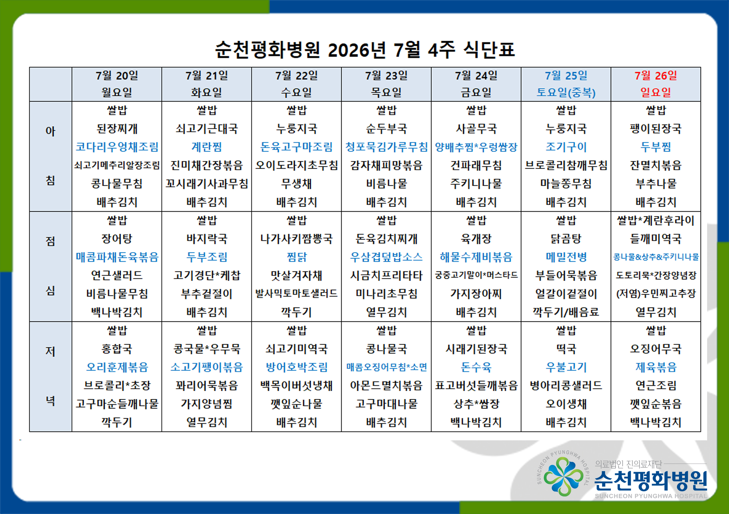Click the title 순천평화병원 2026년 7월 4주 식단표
tap(365, 50)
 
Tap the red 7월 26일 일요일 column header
tap(656, 84)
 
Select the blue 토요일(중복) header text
tap(566, 92)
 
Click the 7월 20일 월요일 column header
tap(117, 84)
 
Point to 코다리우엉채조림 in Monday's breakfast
tap(117, 147)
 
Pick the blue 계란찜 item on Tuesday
tap(207, 147)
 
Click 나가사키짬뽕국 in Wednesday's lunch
tap(297, 239)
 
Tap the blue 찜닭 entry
tap(297, 257)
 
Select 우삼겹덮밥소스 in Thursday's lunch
tap(386, 257)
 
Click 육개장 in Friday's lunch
tap(476, 239)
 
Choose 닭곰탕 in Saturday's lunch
tap(566, 239)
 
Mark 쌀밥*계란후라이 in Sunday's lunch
tap(656, 220)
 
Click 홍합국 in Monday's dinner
tap(117, 349)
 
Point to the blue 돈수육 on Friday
tap(476, 367)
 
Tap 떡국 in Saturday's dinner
tap(566, 349)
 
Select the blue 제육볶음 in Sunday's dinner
tap(656, 367)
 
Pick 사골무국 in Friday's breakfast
tap(476, 128)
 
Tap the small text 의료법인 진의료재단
tap(628, 464)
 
